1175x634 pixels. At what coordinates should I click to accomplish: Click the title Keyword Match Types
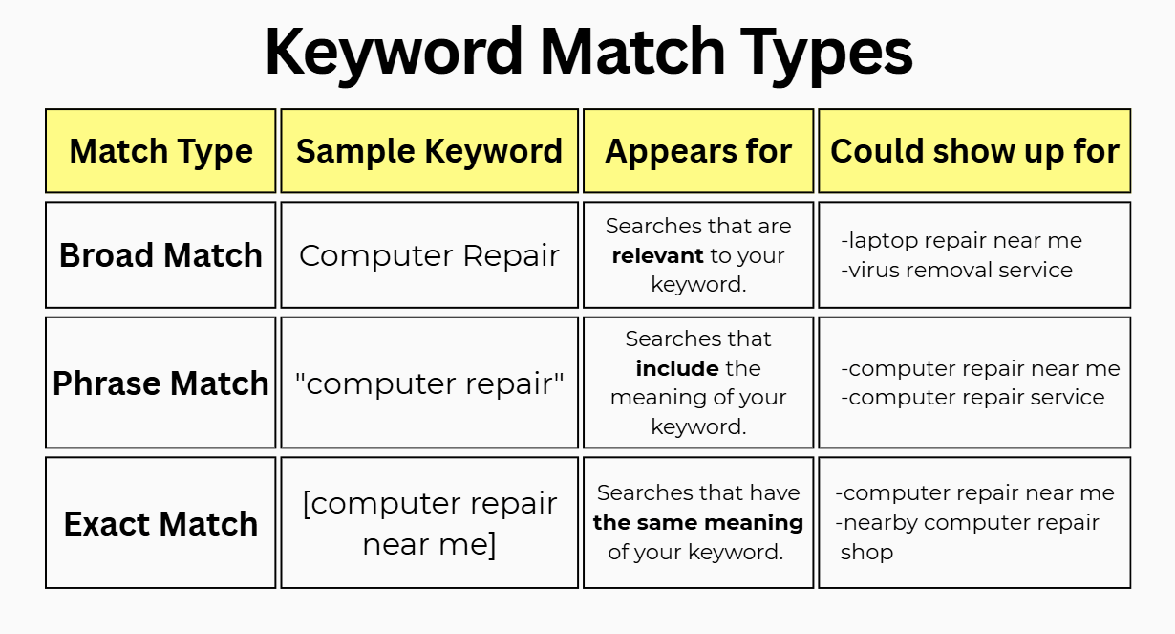click(587, 52)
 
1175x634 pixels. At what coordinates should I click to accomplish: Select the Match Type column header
click(160, 151)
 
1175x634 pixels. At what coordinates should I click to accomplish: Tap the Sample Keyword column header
click(429, 151)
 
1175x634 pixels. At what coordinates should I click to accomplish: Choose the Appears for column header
click(698, 151)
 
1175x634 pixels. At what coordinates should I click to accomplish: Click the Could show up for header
click(974, 151)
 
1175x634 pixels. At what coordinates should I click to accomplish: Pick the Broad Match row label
click(160, 255)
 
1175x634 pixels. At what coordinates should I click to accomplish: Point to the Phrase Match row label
click(160, 383)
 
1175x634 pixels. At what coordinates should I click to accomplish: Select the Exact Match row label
click(160, 524)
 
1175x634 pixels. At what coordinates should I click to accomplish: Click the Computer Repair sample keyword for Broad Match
click(429, 255)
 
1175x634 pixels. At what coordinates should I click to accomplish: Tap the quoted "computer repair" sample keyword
click(429, 383)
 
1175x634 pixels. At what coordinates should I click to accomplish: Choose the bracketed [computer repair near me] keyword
click(429, 524)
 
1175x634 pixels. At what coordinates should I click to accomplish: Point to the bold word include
click(677, 368)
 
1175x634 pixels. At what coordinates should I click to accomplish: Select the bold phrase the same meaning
click(698, 522)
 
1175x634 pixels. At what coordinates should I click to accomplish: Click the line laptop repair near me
click(962, 241)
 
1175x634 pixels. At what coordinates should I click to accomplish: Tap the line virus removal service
click(957, 270)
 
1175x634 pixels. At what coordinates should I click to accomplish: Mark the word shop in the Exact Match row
click(866, 553)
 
